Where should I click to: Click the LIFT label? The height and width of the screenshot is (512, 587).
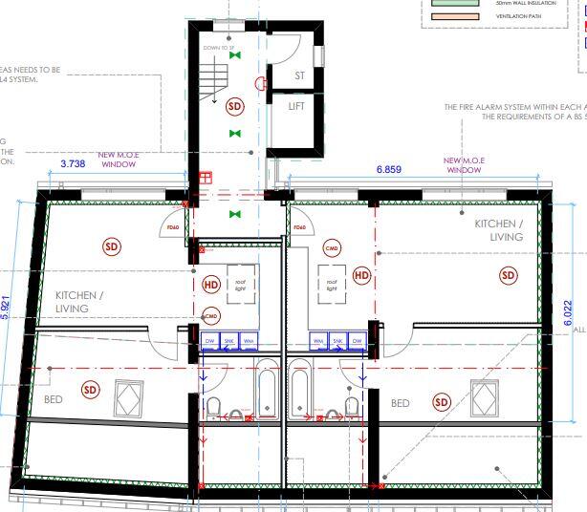click(296, 106)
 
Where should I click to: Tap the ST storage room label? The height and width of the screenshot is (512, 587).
click(299, 75)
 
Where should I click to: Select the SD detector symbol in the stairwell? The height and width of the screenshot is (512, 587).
click(234, 106)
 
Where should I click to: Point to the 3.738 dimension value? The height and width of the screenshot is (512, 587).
click(73, 164)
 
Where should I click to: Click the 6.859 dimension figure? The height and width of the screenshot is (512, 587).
click(388, 168)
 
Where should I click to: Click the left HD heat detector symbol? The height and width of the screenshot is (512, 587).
click(211, 284)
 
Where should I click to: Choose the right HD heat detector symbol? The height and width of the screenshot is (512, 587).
click(361, 275)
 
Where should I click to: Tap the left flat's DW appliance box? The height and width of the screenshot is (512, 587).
click(210, 340)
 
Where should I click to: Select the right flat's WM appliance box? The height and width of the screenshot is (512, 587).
click(318, 340)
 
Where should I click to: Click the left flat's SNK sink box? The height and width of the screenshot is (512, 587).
click(229, 340)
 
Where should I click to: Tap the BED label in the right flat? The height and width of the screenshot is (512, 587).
click(401, 403)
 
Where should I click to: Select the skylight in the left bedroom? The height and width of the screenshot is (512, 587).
click(129, 396)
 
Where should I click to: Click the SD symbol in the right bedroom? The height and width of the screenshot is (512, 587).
click(441, 402)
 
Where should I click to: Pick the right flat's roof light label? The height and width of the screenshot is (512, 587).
click(333, 284)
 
